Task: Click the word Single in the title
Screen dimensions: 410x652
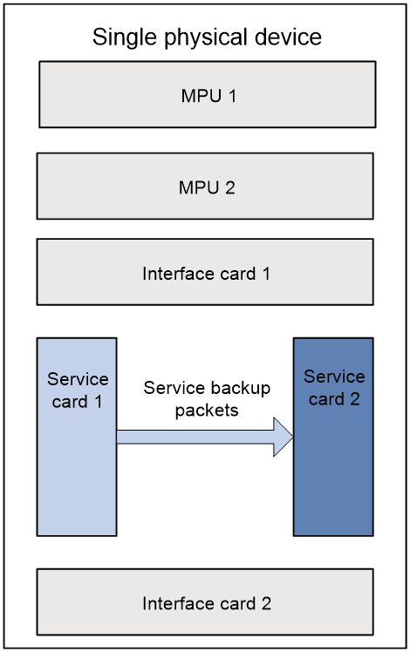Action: coord(126,37)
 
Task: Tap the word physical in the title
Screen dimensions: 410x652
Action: coord(206,37)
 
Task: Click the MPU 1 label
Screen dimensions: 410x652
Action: coord(208,96)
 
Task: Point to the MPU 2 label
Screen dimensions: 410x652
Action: coord(207,187)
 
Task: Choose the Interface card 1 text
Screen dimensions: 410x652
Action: coord(206,274)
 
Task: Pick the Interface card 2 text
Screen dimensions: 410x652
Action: coord(207,603)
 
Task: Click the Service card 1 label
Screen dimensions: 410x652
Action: coord(78,390)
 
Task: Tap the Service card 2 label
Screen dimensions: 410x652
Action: coord(334,388)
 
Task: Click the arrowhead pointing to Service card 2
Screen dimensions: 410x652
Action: coord(284,437)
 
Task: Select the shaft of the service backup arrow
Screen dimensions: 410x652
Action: coord(195,437)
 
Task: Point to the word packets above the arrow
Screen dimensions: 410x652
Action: coord(207,411)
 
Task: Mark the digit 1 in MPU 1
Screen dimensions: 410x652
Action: coord(232,96)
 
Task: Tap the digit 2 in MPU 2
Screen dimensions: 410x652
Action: coord(230,187)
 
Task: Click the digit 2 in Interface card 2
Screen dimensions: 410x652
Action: coord(266,603)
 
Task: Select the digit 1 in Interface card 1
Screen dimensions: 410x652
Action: coord(266,274)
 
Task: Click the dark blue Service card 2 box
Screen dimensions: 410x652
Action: coord(333,437)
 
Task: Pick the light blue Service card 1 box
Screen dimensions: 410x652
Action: coord(77,437)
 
